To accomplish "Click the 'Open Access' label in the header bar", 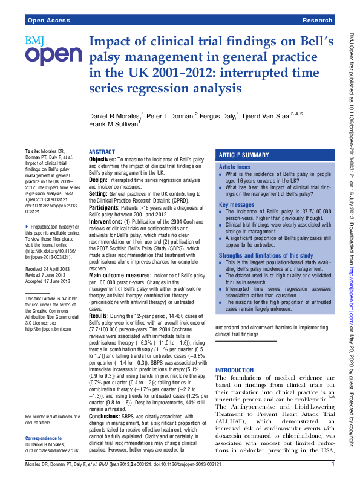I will point(47,20).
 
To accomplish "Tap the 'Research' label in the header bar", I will point(317,20).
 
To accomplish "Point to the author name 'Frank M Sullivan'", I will point(114,125).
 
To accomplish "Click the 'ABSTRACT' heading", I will point(102,152).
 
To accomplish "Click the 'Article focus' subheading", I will point(234,166).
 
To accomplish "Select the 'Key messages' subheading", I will point(235,205).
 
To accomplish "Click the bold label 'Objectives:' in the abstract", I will point(106,158).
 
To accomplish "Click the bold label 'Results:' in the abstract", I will point(100,332).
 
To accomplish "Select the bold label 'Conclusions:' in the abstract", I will point(108,416).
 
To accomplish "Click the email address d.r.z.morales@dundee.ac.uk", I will point(52,450).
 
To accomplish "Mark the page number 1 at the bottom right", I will point(333,464).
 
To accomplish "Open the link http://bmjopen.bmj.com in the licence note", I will point(48,329).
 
